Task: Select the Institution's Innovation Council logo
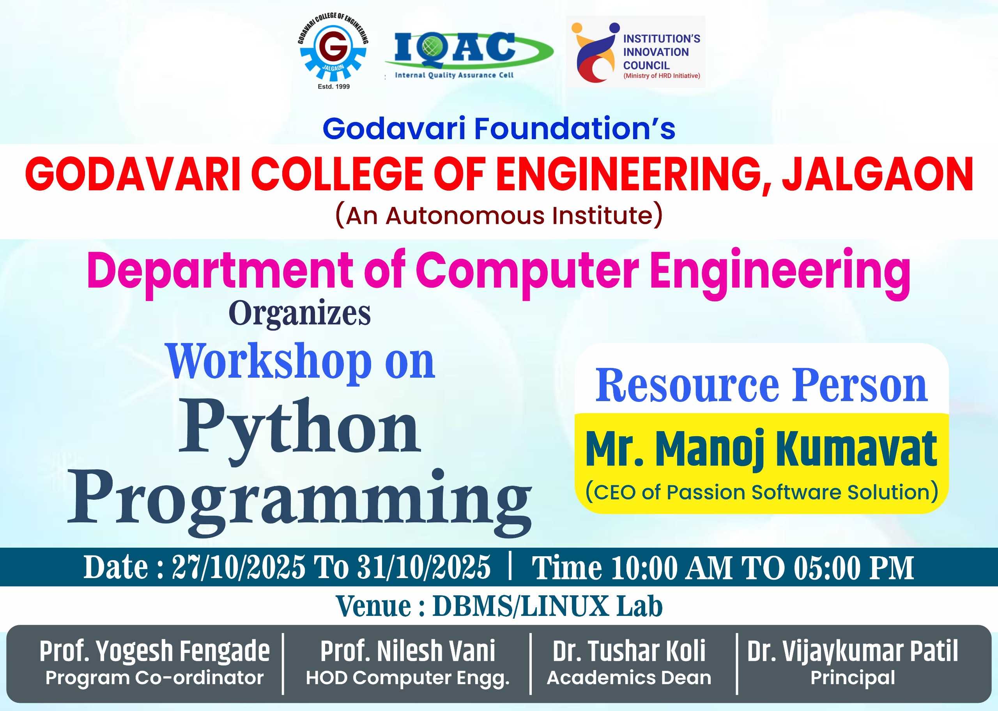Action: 635,52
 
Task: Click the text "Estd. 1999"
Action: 334,87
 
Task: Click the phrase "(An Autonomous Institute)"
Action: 499,216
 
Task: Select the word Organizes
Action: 299,313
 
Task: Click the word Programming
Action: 299,502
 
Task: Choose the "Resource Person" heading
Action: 761,385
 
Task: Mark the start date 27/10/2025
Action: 238,568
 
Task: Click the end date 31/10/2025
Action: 423,568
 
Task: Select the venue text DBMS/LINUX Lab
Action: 548,607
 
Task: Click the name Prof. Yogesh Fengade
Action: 154,651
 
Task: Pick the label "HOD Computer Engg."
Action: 407,678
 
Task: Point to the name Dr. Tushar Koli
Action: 629,651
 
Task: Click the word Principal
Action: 853,678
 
